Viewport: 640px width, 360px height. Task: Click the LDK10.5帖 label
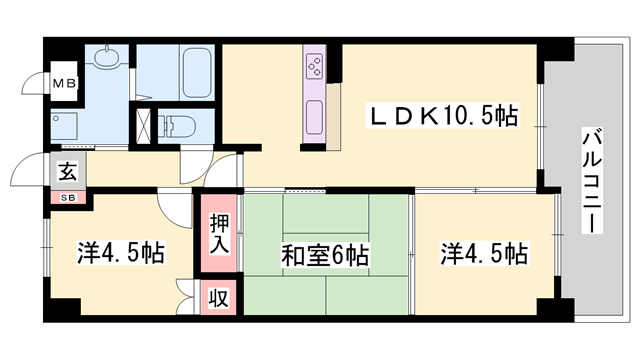[x=445, y=118]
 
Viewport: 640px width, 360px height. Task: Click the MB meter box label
[x=63, y=84]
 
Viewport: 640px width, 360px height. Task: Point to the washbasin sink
[x=102, y=61]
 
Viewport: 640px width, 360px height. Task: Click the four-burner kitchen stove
[x=313, y=67]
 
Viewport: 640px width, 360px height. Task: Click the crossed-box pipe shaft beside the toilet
[x=146, y=127]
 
